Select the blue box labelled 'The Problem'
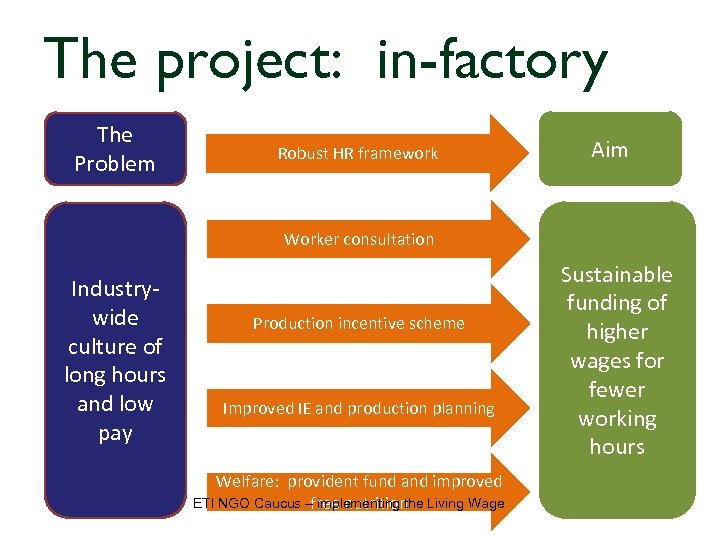tap(115, 149)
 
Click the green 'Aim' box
tap(610, 150)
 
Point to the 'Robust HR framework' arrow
tap(358, 153)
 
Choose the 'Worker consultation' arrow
tap(358, 239)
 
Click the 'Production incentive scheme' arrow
tap(358, 323)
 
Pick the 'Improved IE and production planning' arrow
tap(358, 408)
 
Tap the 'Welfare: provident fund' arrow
tap(358, 483)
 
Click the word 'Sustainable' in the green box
tap(616, 274)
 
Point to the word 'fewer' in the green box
tap(616, 389)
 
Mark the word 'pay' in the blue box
tap(116, 433)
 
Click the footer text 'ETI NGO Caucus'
tap(245, 503)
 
